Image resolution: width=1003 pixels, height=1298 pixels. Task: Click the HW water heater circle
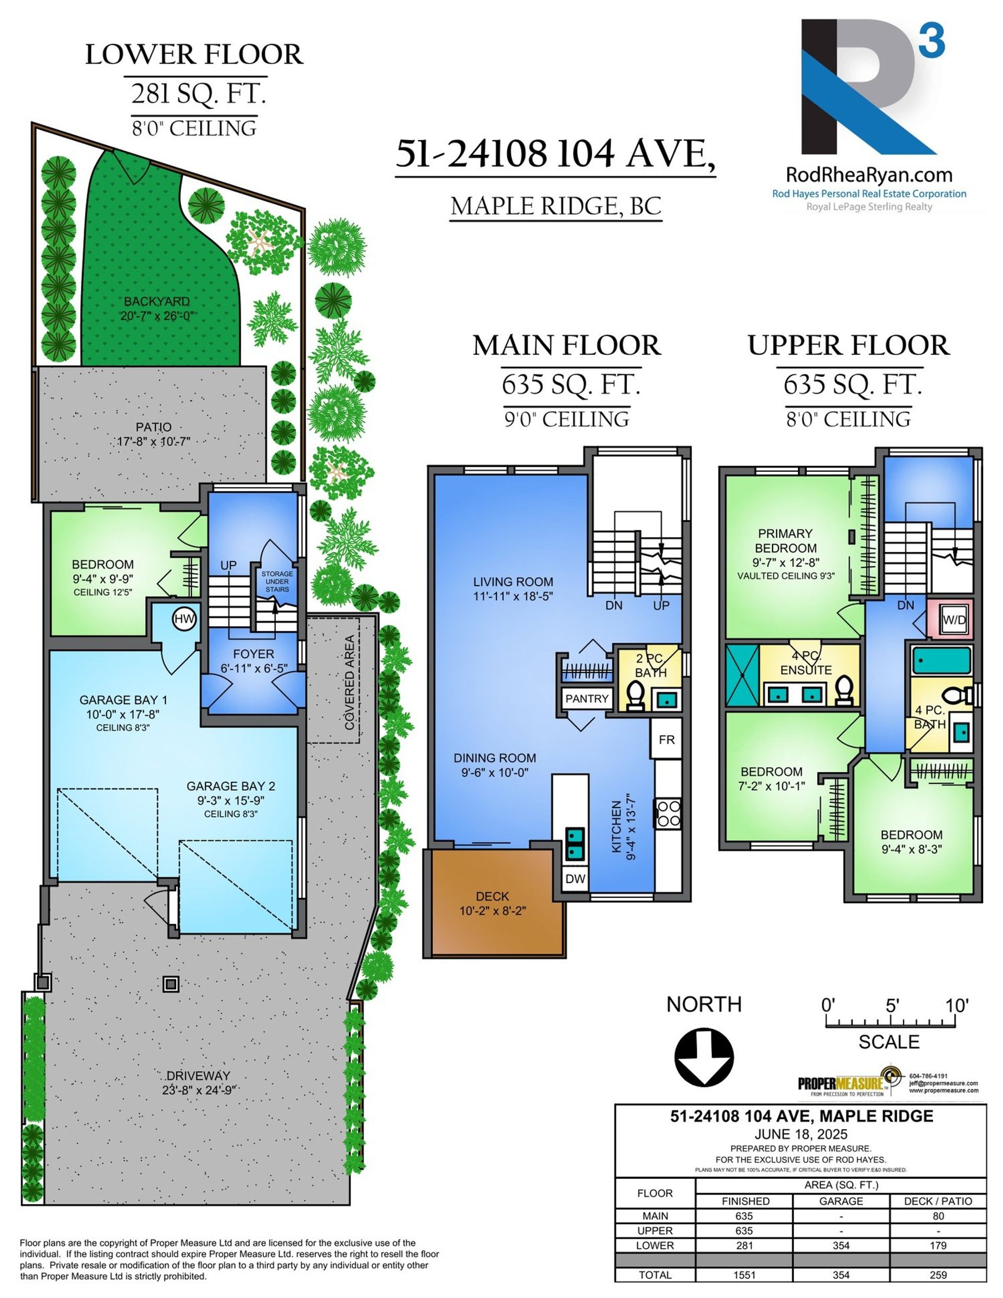click(x=184, y=619)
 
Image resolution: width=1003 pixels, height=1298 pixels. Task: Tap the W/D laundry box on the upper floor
click(x=954, y=620)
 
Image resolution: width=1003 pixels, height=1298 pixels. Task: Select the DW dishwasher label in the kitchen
click(x=575, y=879)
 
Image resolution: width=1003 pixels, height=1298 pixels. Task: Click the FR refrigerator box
click(x=667, y=739)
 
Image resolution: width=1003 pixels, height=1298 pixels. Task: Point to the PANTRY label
click(x=587, y=699)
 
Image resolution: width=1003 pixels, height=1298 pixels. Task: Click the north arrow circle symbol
click(x=704, y=1058)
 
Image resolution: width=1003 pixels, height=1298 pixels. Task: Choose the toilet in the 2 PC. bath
click(x=636, y=696)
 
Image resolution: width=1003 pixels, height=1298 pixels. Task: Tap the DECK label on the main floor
click(x=492, y=896)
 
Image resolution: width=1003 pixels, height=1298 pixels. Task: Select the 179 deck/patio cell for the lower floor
click(x=938, y=1245)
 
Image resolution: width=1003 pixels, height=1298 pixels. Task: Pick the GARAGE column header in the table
click(x=841, y=1201)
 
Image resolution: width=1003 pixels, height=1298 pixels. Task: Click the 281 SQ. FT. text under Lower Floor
click(x=198, y=94)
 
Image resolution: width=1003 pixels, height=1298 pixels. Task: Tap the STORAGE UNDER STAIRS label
click(x=277, y=581)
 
